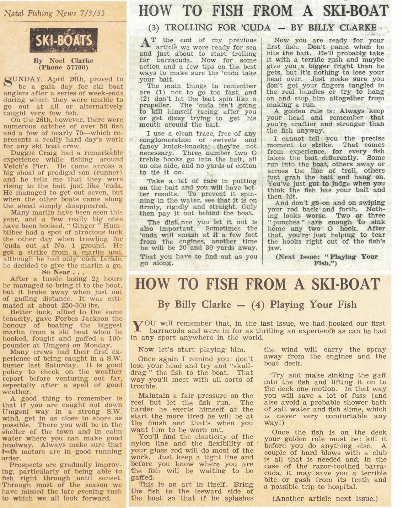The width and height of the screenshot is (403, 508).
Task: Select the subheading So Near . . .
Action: (62, 272)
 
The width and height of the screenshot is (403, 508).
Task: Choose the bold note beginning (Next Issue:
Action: (326, 260)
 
